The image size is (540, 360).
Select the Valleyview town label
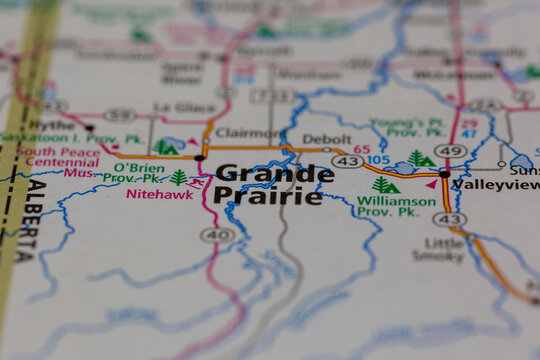click(495, 184)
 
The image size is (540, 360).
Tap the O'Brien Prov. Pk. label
click(137, 173)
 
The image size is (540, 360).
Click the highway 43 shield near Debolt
click(348, 161)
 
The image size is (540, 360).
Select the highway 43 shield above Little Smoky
click(449, 219)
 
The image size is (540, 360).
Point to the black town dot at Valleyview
click(444, 174)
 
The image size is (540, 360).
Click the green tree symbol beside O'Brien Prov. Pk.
click(179, 177)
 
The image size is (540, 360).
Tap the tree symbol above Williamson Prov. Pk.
click(385, 185)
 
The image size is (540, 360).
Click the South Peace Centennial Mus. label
click(55, 160)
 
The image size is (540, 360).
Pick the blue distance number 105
click(377, 160)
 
